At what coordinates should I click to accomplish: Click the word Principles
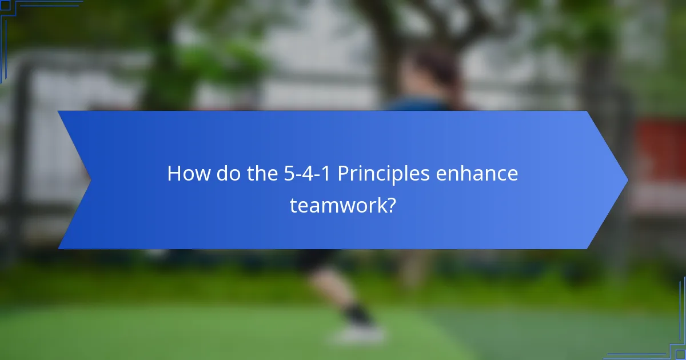[x=383, y=174]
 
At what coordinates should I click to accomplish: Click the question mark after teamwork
[x=390, y=204]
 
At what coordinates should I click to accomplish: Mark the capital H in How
[x=173, y=174]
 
